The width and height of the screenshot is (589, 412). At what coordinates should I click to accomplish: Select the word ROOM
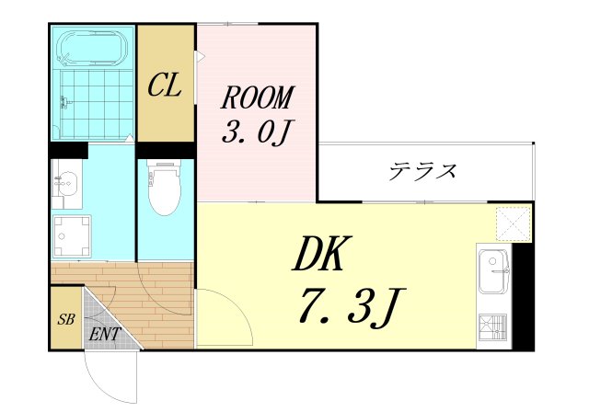click(257, 97)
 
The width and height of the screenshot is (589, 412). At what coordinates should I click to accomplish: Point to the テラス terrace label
click(422, 171)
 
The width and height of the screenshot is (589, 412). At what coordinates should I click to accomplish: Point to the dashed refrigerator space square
click(514, 223)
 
